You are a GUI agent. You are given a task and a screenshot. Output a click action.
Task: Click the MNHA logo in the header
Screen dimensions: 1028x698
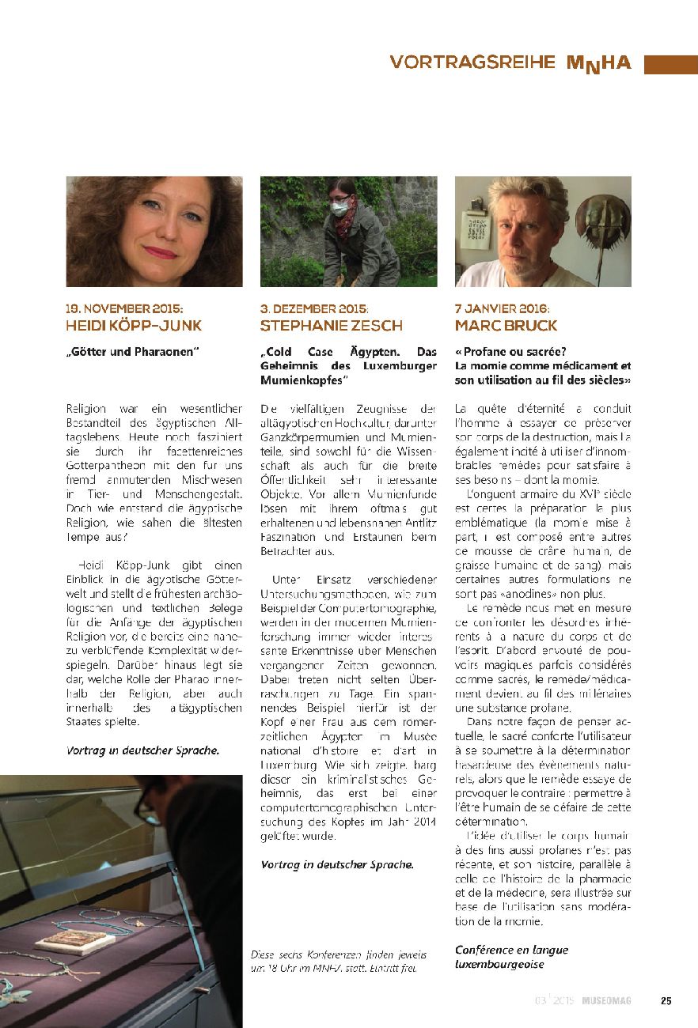click(x=598, y=63)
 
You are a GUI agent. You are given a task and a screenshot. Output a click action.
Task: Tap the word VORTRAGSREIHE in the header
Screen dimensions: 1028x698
click(x=472, y=63)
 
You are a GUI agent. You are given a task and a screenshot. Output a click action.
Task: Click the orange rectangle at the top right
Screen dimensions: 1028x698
click(x=670, y=64)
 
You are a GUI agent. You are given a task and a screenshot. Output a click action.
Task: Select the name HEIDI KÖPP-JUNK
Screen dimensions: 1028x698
click(x=133, y=326)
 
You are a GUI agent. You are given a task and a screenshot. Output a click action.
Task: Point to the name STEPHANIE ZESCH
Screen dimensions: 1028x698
click(x=331, y=326)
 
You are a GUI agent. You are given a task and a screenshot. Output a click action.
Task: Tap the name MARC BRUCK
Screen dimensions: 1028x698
click(x=506, y=326)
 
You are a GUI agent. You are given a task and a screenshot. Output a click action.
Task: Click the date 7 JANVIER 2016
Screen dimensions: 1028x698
click(x=502, y=309)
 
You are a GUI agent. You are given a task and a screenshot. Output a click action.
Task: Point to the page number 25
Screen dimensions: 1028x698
click(x=666, y=1000)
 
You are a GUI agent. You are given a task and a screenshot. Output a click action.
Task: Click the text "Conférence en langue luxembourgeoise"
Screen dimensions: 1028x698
click(x=511, y=957)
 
